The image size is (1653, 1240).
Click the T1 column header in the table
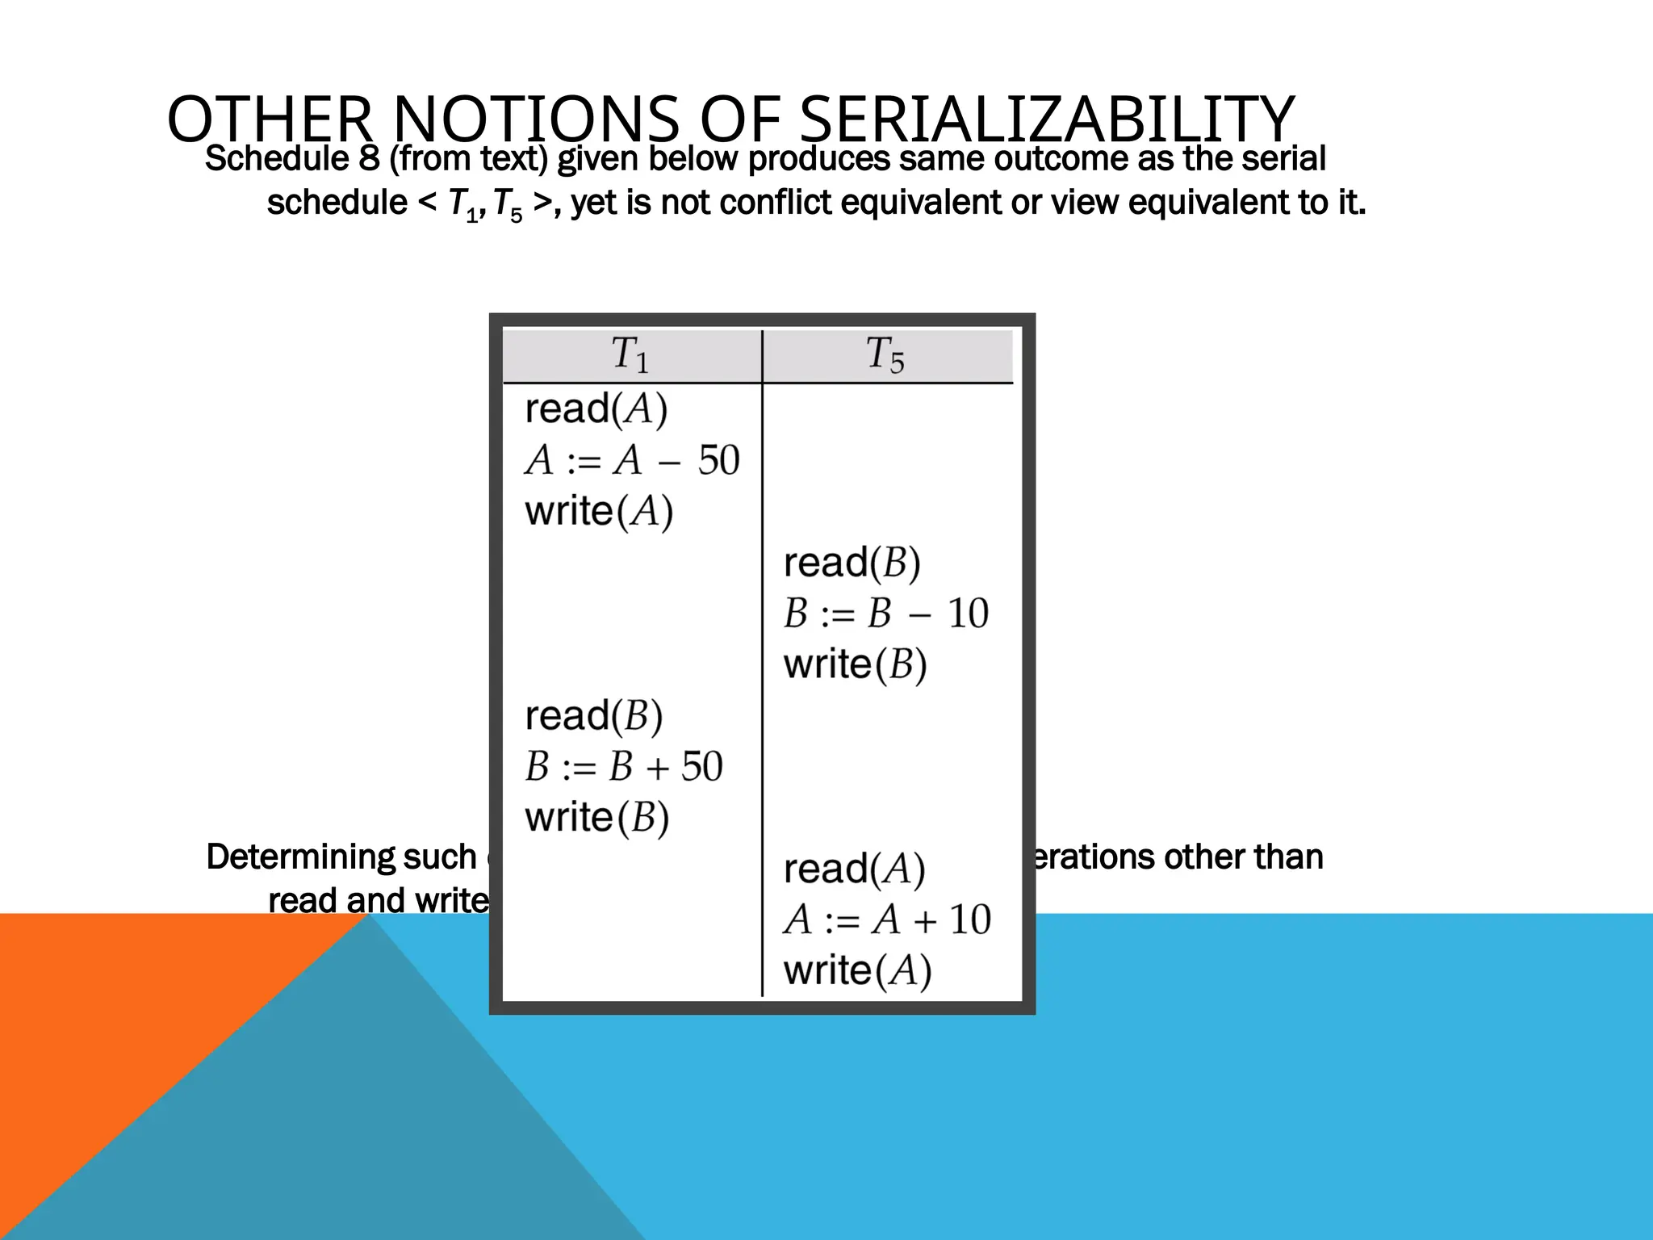(x=630, y=354)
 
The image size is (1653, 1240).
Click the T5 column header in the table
(x=885, y=354)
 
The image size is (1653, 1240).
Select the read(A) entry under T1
(x=596, y=408)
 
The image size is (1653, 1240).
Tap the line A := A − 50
(x=632, y=460)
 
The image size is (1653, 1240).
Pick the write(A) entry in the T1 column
(x=598, y=511)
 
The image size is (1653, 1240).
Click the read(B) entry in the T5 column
(x=852, y=563)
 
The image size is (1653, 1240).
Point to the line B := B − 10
(x=885, y=614)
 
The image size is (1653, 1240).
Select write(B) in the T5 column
(x=855, y=664)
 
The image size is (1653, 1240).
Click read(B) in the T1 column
(x=593, y=716)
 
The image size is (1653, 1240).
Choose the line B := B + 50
(x=624, y=767)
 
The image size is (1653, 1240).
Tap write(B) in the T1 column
(x=596, y=818)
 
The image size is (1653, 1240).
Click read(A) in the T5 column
(x=854, y=869)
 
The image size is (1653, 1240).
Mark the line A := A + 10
(x=886, y=920)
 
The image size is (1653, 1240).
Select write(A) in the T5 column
(x=857, y=971)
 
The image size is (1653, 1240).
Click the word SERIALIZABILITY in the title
(x=1047, y=119)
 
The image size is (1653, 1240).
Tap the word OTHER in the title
(x=269, y=119)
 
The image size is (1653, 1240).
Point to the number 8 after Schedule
(x=369, y=159)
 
